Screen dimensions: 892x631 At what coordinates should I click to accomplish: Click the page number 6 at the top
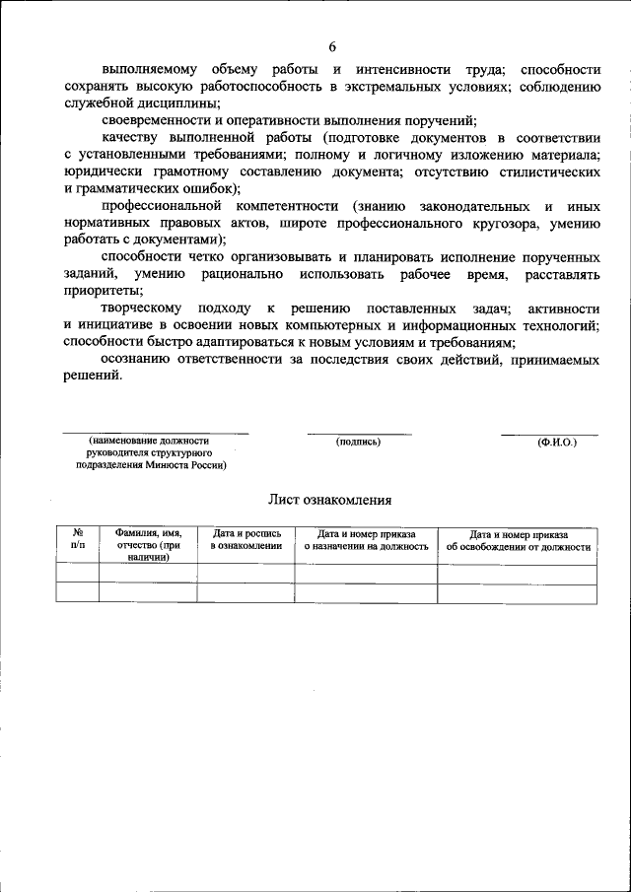[332, 47]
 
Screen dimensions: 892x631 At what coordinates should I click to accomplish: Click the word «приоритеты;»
[102, 290]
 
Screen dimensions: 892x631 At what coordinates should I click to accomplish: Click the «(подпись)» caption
[358, 442]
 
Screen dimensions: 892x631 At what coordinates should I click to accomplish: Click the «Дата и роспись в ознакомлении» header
[245, 539]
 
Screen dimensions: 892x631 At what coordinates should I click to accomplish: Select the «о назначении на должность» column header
[366, 546]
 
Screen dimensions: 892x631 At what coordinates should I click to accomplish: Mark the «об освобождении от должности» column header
[518, 546]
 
